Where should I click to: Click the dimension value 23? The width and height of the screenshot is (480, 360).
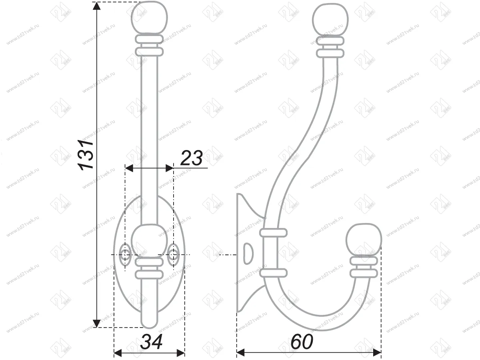(x=191, y=158)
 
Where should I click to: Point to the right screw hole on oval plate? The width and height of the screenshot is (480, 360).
(x=174, y=254)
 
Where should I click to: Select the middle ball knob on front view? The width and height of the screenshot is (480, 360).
(x=150, y=240)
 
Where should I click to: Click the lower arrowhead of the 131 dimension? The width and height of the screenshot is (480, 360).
(x=96, y=322)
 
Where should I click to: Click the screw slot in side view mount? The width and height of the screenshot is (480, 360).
(x=248, y=254)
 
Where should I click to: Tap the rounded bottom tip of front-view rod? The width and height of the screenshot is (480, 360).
(x=150, y=322)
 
